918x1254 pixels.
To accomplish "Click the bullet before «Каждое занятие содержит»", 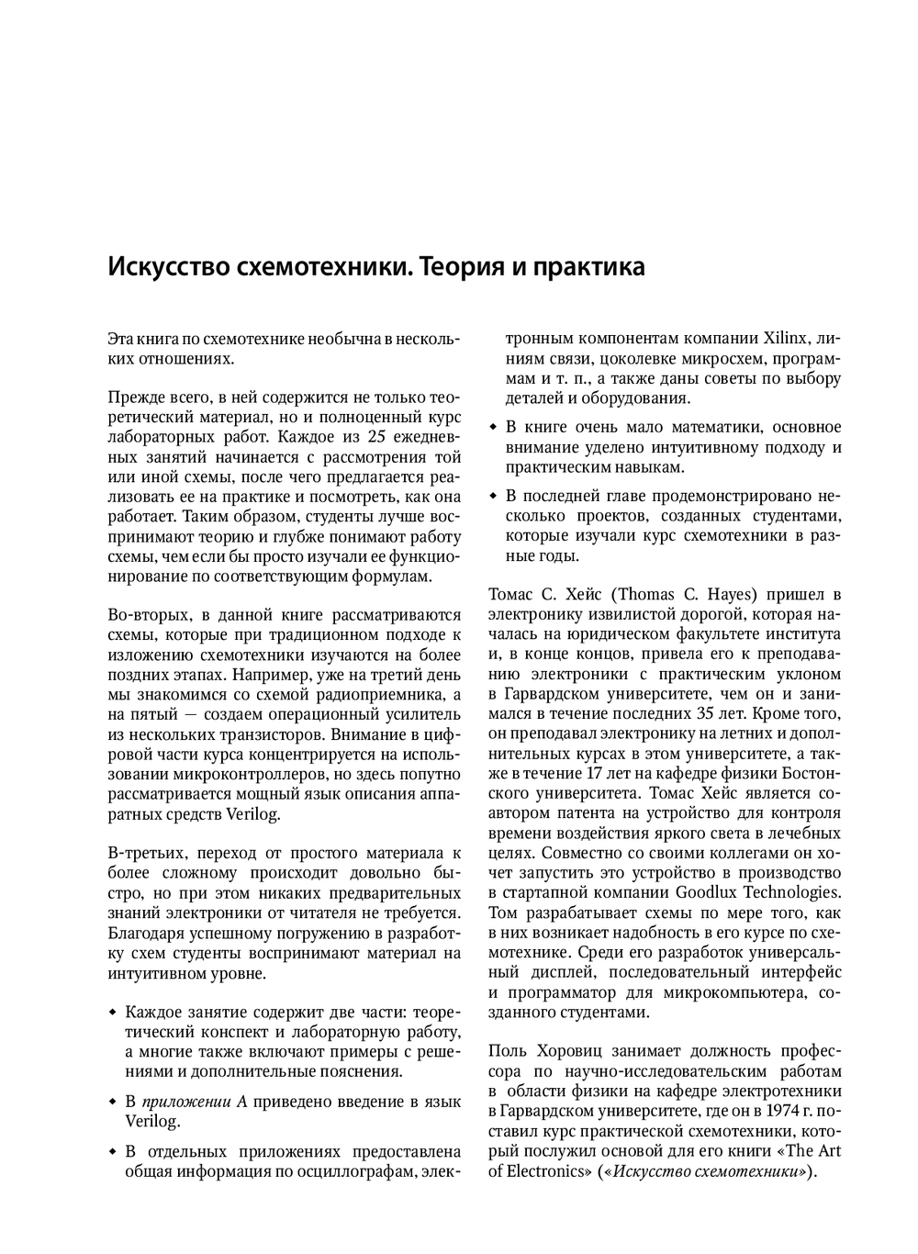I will pos(112,1013).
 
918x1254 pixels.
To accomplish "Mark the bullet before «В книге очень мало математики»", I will pos(493,428).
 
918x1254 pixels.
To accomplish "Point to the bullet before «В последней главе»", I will pos(493,497).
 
